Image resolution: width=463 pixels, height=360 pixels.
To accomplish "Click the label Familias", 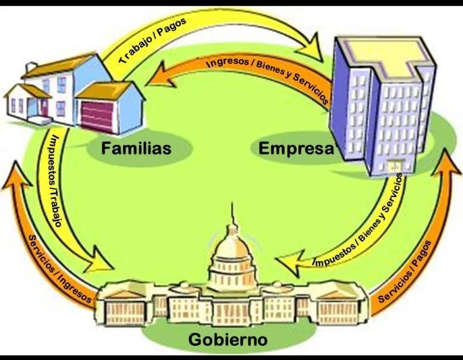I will coord(136,148).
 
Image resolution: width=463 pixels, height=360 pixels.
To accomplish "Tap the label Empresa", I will coord(296,148).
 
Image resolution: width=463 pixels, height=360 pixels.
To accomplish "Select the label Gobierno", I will coord(228,340).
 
